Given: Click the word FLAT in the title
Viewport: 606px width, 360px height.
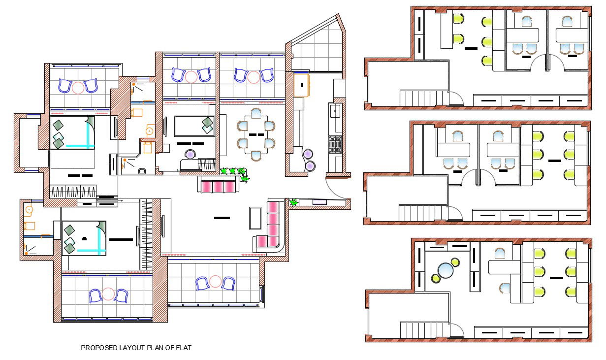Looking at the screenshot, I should pyautogui.click(x=183, y=348).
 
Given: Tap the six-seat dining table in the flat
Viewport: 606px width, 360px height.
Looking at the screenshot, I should pyautogui.click(x=255, y=134).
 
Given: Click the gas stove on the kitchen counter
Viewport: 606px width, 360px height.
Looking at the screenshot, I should pyautogui.click(x=335, y=144).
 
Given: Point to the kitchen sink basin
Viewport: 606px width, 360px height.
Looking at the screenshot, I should pyautogui.click(x=335, y=112).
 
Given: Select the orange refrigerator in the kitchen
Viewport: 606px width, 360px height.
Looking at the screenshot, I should pyautogui.click(x=301, y=85).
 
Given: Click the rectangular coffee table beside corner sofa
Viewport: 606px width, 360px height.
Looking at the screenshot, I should pyautogui.click(x=255, y=218).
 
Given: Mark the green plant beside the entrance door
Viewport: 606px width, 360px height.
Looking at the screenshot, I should pyautogui.click(x=294, y=202).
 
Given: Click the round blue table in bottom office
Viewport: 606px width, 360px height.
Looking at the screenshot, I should pyautogui.click(x=446, y=270).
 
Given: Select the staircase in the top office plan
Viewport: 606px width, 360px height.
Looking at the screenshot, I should pyautogui.click(x=423, y=98).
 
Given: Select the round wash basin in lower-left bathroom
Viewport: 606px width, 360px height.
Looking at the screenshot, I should pyautogui.click(x=29, y=209).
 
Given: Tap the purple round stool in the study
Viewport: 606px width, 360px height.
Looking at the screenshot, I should pyautogui.click(x=190, y=155).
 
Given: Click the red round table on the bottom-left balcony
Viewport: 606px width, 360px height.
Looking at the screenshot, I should pyautogui.click(x=108, y=295).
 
